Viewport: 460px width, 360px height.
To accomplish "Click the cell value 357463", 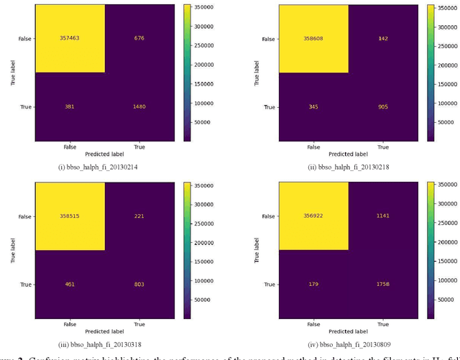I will tap(70, 38).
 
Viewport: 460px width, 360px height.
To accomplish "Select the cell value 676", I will tap(139, 38).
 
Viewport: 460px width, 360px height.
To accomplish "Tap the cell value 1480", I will tap(139, 107).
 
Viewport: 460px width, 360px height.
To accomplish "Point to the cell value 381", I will tap(70, 107).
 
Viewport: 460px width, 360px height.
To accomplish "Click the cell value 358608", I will tap(313, 39).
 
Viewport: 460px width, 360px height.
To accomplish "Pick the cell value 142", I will tap(383, 39).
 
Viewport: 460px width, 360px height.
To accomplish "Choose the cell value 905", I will tap(383, 108).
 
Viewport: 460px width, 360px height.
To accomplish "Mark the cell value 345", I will tap(313, 108).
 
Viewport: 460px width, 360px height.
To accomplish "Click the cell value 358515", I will tap(70, 216).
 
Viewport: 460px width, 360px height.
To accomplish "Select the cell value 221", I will tap(139, 216).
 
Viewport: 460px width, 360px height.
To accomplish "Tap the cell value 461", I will tap(70, 285).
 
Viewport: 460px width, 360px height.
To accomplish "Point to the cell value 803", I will tap(139, 285).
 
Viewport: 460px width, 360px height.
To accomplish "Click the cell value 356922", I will tap(313, 216).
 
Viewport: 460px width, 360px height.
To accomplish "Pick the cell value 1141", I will tap(383, 216).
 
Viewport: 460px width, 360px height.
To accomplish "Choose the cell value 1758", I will tap(383, 285).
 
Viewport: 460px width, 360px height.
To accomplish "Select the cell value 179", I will tap(313, 285).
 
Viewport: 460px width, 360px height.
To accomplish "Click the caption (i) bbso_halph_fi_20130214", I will tap(98, 167).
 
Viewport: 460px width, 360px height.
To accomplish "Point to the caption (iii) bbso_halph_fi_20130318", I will tap(100, 344).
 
